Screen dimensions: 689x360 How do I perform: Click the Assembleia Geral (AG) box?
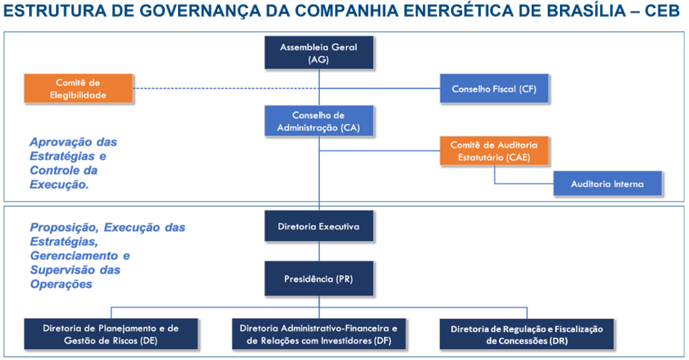click(x=318, y=53)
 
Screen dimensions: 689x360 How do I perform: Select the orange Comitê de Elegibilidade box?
click(x=78, y=88)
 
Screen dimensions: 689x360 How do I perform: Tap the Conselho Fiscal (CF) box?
click(x=494, y=89)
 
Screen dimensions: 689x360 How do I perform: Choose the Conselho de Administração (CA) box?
click(x=318, y=121)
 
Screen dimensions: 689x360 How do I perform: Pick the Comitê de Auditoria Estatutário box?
click(x=494, y=151)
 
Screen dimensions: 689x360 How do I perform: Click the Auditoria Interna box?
click(x=607, y=183)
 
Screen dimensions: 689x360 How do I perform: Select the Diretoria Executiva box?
click(x=318, y=226)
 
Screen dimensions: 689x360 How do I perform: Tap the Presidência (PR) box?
click(x=318, y=279)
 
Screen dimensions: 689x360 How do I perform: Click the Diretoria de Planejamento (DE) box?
click(x=110, y=334)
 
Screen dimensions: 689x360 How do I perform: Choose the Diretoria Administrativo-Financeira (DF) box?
click(x=318, y=334)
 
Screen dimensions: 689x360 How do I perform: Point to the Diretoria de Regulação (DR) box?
click(x=526, y=334)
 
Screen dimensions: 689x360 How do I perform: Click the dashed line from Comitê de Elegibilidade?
click(x=226, y=88)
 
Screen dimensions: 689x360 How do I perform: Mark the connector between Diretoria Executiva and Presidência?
click(x=319, y=252)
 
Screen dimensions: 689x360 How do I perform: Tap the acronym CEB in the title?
click(x=662, y=11)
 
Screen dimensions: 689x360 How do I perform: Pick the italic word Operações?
click(x=61, y=285)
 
